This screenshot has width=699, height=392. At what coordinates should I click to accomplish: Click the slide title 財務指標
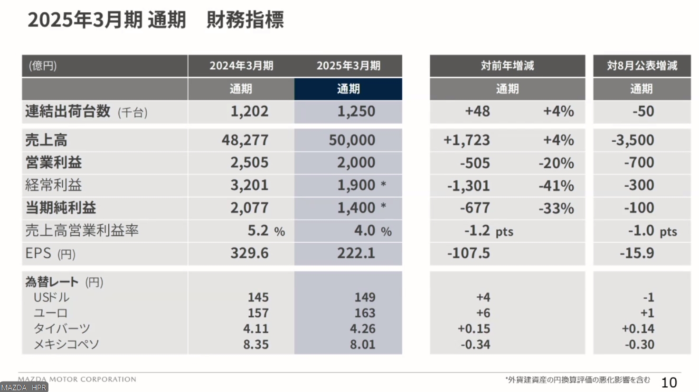pyautogui.click(x=245, y=20)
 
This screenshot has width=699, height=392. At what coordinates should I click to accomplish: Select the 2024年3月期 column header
pyautogui.click(x=241, y=66)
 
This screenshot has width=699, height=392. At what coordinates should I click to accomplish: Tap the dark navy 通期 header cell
pyautogui.click(x=348, y=89)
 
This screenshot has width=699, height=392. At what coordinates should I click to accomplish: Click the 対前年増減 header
pyautogui.click(x=507, y=66)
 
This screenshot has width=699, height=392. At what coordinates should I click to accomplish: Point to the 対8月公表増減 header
pyautogui.click(x=642, y=66)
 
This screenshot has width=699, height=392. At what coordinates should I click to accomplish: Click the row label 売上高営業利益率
pyautogui.click(x=82, y=231)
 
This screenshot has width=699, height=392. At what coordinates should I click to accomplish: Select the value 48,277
pyautogui.click(x=245, y=140)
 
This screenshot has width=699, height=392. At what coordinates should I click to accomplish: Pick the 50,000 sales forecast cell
pyautogui.click(x=352, y=140)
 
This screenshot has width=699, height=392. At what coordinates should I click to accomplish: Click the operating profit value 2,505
pyautogui.click(x=249, y=163)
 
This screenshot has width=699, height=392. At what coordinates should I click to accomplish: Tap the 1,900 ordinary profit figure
pyautogui.click(x=356, y=185)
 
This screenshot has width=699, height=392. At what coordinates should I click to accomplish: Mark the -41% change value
pyautogui.click(x=556, y=186)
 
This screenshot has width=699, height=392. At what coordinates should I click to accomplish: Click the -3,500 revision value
pyautogui.click(x=633, y=140)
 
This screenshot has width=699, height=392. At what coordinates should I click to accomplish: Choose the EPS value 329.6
pyautogui.click(x=249, y=253)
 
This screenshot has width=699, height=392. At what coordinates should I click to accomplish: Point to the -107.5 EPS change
pyautogui.click(x=468, y=253)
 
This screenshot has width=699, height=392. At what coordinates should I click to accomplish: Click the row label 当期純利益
pyautogui.click(x=60, y=208)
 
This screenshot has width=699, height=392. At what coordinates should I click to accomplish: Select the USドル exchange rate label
pyautogui.click(x=51, y=298)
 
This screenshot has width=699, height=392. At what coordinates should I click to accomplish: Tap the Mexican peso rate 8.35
pyautogui.click(x=255, y=345)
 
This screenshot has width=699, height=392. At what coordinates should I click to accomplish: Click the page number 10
pyautogui.click(x=669, y=382)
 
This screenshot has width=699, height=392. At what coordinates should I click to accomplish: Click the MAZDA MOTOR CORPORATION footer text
pyautogui.click(x=77, y=379)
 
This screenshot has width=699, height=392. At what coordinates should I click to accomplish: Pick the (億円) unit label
pyautogui.click(x=43, y=66)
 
